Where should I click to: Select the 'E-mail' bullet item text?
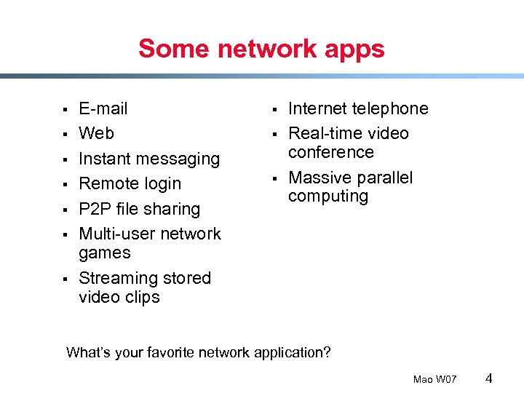(x=103, y=109)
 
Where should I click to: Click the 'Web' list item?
(x=96, y=134)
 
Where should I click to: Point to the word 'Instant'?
(x=106, y=159)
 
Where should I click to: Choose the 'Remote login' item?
(x=130, y=184)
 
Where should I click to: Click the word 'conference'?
(x=330, y=152)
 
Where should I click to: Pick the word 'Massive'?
(x=319, y=178)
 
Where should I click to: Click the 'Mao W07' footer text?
(x=434, y=379)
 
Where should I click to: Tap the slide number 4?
(x=489, y=378)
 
